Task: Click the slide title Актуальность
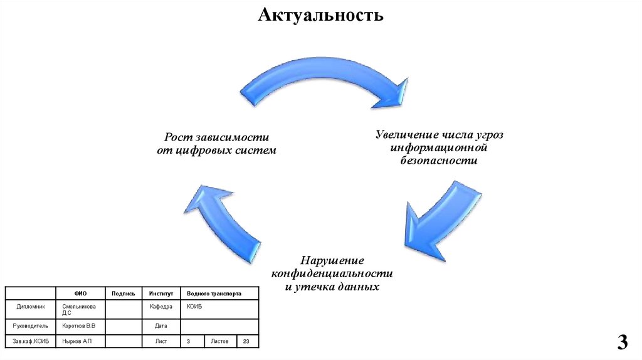pyautogui.click(x=320, y=14)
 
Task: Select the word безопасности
pyautogui.click(x=439, y=161)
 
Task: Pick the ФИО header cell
pyautogui.click(x=80, y=293)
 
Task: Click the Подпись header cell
pyautogui.click(x=124, y=293)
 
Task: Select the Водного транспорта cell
pyautogui.click(x=214, y=293)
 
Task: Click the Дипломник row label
pyautogui.click(x=31, y=307)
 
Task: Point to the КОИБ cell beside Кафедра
pyautogui.click(x=194, y=307)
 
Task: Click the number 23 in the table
pyautogui.click(x=246, y=342)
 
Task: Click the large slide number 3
pyautogui.click(x=622, y=342)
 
